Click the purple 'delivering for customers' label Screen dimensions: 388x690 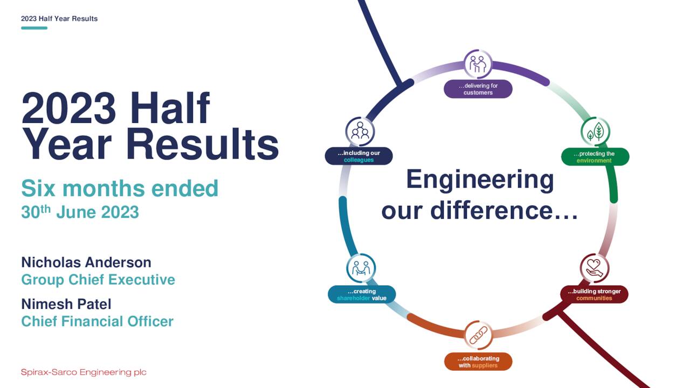[478, 89]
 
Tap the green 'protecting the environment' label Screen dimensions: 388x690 [594, 157]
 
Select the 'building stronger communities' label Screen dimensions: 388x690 [594, 295]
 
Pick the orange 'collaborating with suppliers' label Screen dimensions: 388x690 [478, 362]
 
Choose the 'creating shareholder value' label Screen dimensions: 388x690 [362, 295]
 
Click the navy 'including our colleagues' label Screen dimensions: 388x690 [358, 156]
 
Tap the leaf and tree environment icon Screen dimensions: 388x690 [595, 131]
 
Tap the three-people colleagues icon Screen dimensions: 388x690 [360, 131]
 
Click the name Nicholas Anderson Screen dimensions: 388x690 [86, 262]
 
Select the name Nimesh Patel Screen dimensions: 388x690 [66, 304]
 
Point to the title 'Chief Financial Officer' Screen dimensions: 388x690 [98, 322]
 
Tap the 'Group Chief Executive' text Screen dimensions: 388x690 [98, 280]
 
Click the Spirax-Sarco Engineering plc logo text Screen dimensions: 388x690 [84, 372]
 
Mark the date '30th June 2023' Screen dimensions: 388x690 [80, 212]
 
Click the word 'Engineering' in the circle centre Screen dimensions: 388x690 [480, 180]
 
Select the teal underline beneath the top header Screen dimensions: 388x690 [34, 28]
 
